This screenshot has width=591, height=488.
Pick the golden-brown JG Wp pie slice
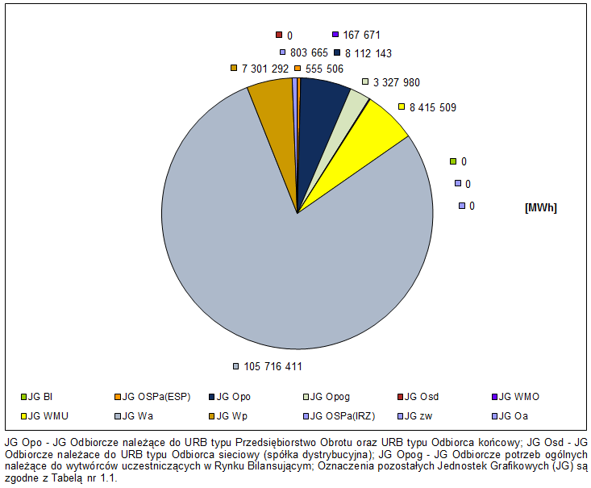point(270,101)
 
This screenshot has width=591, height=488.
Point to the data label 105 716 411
point(273,367)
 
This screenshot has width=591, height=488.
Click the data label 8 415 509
point(433,107)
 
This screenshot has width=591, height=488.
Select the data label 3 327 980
point(396,82)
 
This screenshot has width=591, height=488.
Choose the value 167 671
point(361,35)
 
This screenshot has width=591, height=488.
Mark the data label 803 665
point(309,53)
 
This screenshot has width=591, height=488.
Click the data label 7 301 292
point(264,69)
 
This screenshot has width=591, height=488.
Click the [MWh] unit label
point(541,207)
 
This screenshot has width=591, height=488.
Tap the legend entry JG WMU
point(45,416)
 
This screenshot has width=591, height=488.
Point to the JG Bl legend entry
point(40,397)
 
